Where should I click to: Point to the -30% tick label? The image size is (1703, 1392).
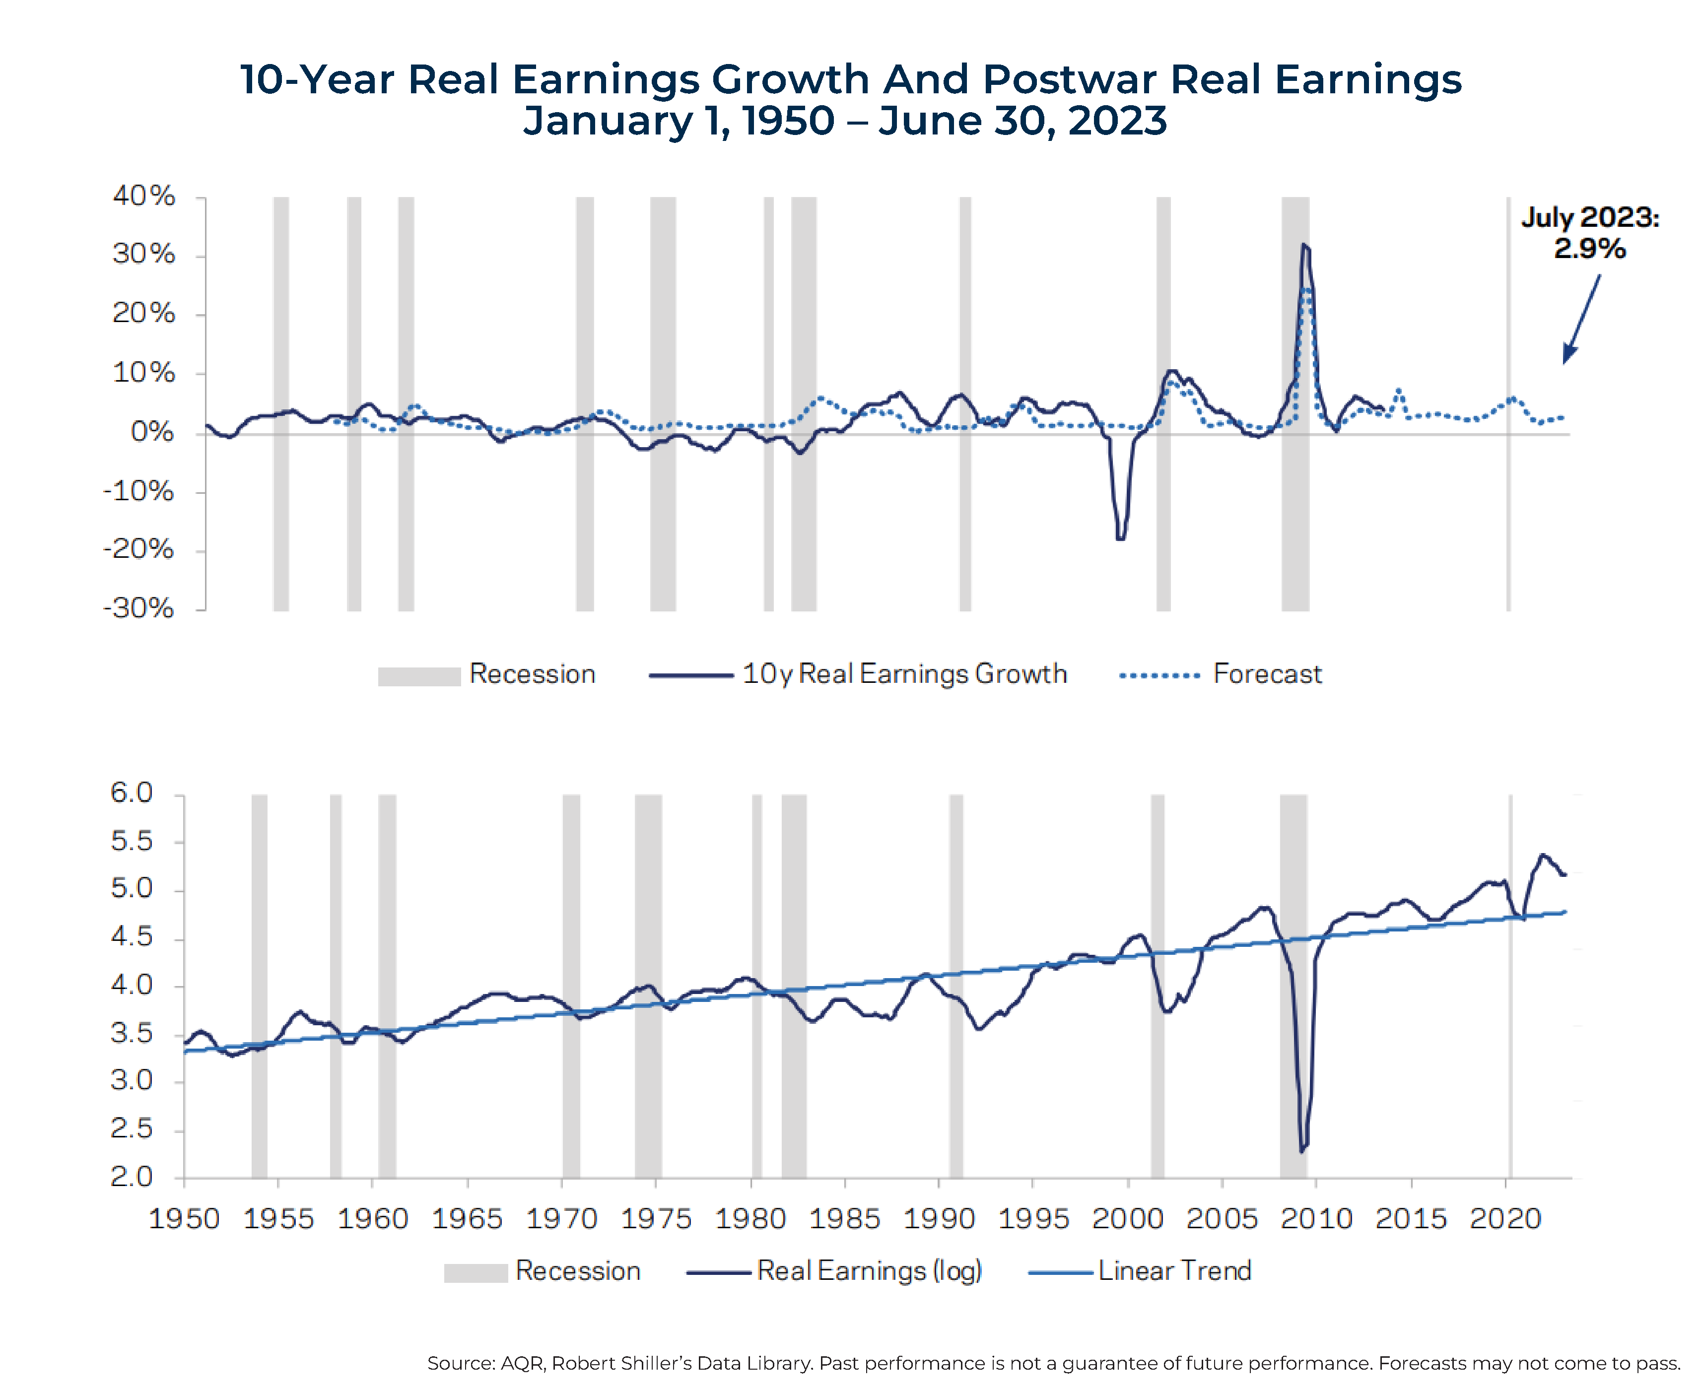point(138,608)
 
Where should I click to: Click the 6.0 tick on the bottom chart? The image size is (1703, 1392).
point(132,793)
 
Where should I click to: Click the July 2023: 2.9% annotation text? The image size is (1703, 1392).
point(1590,233)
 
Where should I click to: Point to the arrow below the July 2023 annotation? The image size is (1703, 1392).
point(1581,319)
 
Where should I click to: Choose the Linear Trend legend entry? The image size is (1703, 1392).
point(1174,1271)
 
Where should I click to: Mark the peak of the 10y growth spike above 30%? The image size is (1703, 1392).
point(1304,245)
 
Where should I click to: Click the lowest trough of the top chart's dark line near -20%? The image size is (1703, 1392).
point(1120,538)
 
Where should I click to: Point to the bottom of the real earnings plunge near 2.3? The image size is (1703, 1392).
point(1301,1151)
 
